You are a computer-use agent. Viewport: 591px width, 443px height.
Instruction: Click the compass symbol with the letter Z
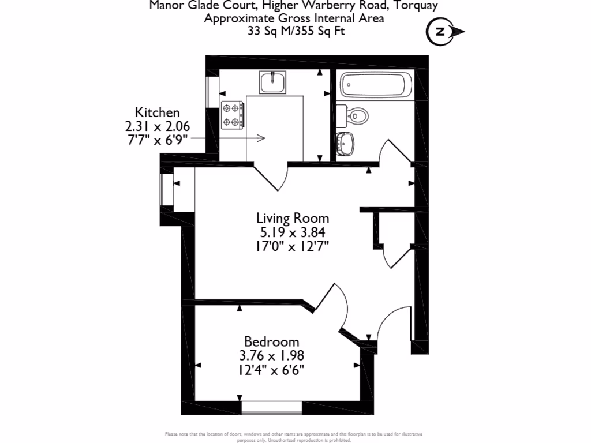(x=442, y=32)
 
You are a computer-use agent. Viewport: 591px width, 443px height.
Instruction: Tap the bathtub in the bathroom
(x=376, y=85)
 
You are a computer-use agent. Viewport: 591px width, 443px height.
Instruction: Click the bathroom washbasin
(x=346, y=144)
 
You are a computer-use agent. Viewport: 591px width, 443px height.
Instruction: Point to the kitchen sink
(x=272, y=82)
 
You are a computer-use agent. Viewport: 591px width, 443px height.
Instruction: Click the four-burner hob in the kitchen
(x=233, y=114)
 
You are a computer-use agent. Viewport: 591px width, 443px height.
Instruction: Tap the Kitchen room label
(x=157, y=112)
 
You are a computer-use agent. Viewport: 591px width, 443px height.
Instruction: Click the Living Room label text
(x=293, y=218)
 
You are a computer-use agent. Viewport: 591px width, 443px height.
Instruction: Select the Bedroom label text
(x=271, y=341)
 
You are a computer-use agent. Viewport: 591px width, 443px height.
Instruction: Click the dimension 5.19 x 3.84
(x=293, y=232)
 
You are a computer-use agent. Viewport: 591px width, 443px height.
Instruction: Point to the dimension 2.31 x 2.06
(x=157, y=126)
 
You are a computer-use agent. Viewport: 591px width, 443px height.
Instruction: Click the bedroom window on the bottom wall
(x=271, y=407)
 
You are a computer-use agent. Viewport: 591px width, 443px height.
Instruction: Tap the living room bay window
(x=167, y=190)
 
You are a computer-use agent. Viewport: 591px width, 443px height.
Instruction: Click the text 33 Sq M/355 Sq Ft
(x=295, y=32)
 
